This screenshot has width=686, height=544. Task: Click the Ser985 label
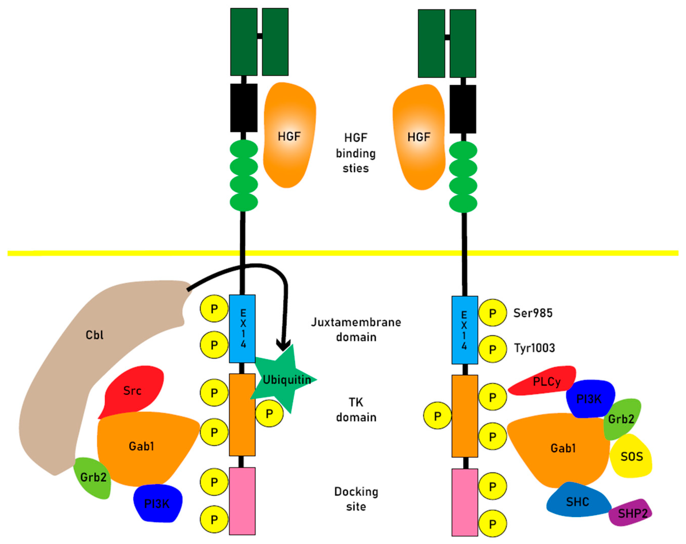(x=533, y=313)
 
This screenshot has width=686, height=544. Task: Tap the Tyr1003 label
(x=534, y=348)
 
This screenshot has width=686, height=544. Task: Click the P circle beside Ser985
(x=492, y=313)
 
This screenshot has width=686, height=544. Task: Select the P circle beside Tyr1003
(x=492, y=349)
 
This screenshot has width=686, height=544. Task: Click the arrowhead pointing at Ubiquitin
(x=283, y=345)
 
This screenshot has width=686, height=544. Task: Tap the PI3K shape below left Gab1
(x=157, y=504)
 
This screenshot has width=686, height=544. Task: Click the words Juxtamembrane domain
(x=356, y=329)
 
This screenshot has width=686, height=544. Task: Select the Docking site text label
(x=356, y=499)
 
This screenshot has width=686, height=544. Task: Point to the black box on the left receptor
(x=244, y=108)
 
